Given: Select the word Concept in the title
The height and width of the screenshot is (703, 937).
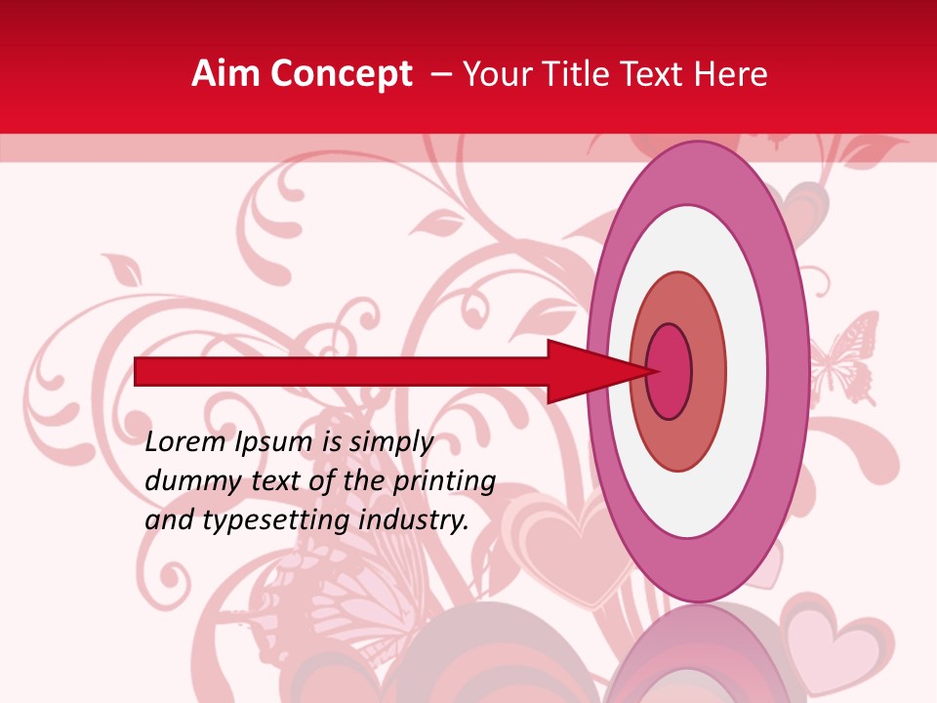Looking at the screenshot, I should (x=341, y=75).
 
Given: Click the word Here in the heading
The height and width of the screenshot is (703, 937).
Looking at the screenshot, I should (x=732, y=74).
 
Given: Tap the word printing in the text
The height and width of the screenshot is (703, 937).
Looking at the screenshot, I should (x=443, y=481).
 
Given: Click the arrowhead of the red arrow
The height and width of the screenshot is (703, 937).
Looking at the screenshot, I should (x=595, y=371).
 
